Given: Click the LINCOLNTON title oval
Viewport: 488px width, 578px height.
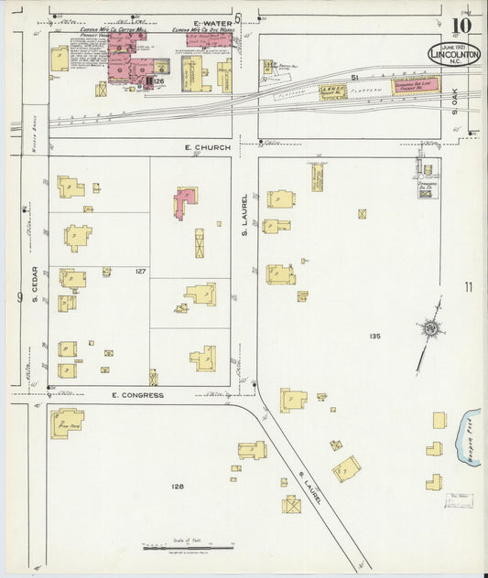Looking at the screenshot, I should tap(453, 55).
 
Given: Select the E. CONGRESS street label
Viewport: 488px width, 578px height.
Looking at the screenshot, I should tap(136, 395).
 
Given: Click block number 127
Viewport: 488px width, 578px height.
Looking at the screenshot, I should tap(140, 272).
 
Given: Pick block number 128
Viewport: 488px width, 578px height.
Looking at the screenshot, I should tap(177, 487).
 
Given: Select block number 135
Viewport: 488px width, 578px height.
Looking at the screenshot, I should tap(374, 337).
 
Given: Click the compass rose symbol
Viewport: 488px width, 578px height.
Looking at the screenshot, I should tap(428, 327).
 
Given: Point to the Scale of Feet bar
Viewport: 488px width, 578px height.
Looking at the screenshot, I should tap(188, 547).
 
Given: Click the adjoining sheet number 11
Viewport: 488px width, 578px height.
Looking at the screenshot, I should tap(469, 287).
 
